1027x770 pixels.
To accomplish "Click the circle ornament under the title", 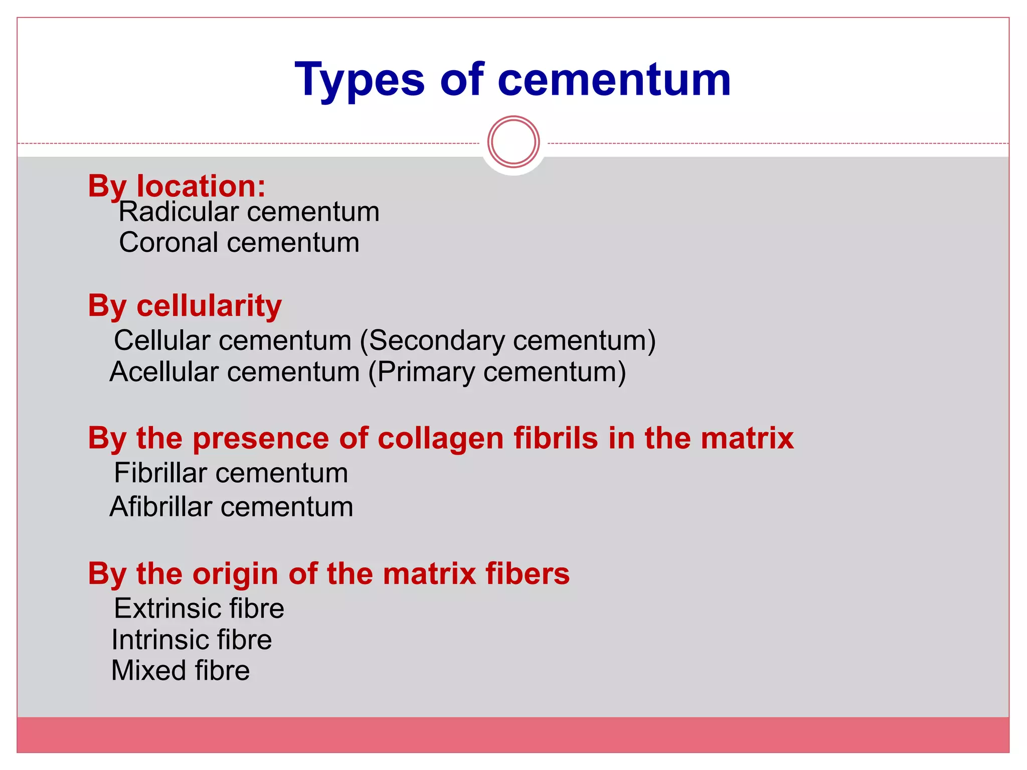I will (x=513, y=142).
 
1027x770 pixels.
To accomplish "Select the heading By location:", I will (x=177, y=186).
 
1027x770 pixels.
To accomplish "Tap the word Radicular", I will (x=178, y=212).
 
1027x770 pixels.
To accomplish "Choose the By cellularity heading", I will (x=185, y=305).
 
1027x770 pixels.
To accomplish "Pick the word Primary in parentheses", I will (x=426, y=372).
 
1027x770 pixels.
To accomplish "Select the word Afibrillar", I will (x=160, y=507).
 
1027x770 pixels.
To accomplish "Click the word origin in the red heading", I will (x=235, y=573).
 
